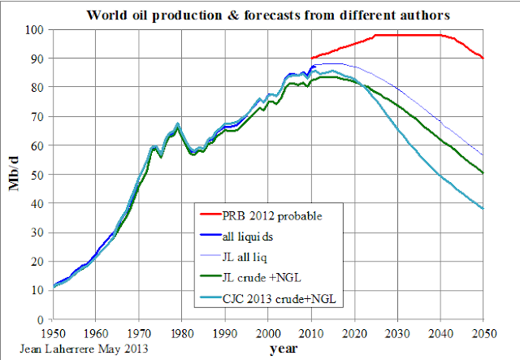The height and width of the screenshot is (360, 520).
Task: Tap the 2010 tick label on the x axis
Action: click(311, 332)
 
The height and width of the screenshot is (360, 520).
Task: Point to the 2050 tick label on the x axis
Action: click(483, 332)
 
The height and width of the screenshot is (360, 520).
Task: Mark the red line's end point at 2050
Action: click(483, 59)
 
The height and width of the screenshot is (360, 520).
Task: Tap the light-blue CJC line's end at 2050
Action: click(483, 209)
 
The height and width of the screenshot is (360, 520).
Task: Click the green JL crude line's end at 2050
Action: click(483, 172)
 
